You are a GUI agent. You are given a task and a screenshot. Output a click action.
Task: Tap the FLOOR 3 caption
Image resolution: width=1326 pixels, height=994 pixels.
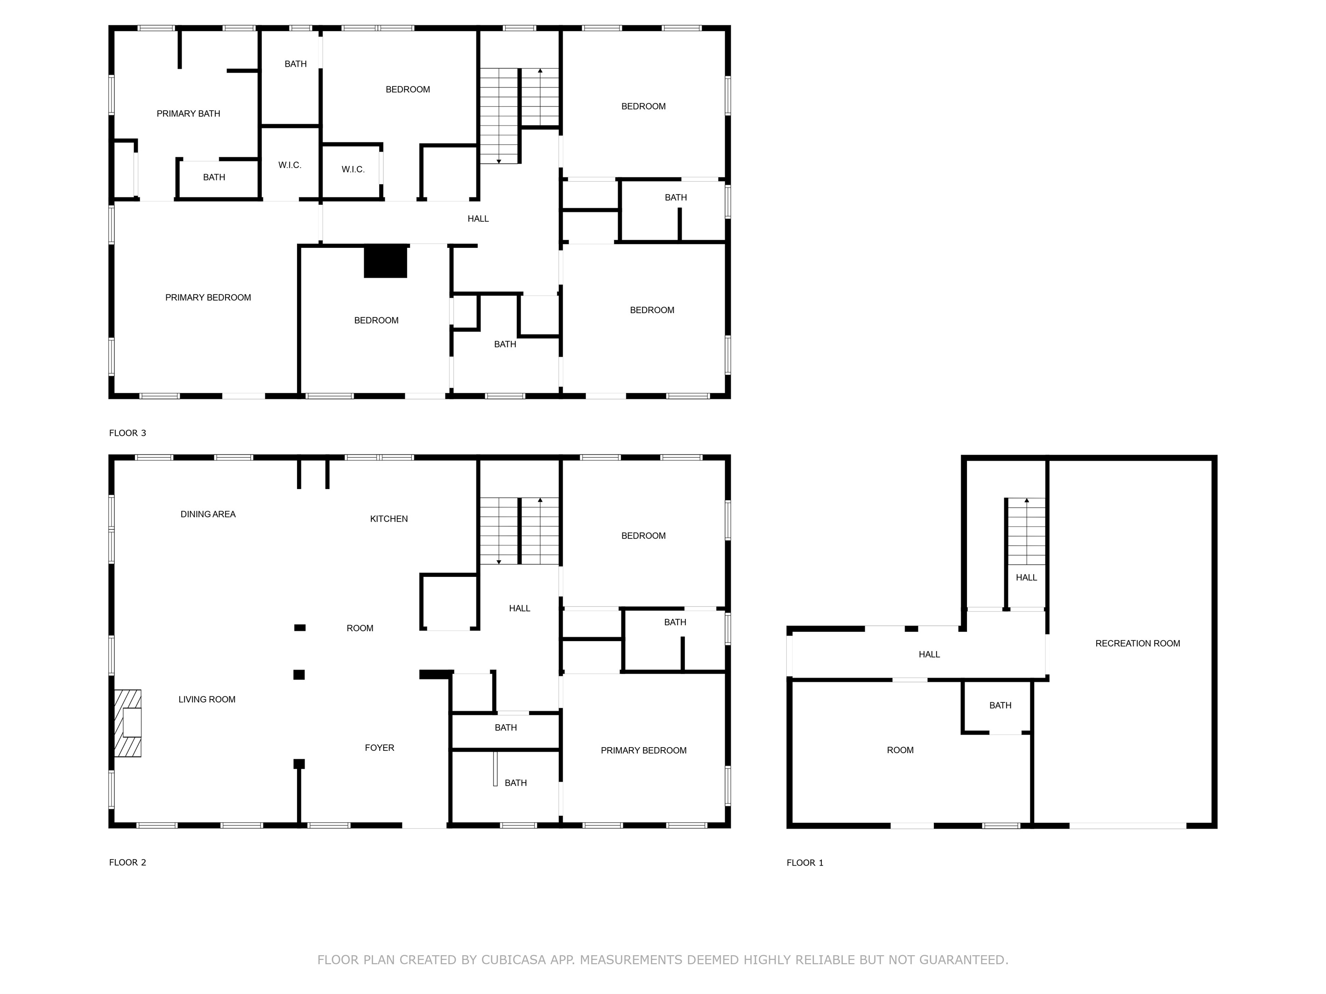click(127, 433)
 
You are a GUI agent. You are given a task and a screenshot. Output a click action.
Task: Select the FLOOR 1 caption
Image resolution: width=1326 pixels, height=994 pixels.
click(804, 863)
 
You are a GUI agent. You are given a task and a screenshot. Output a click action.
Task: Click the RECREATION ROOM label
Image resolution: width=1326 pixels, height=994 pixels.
click(1137, 644)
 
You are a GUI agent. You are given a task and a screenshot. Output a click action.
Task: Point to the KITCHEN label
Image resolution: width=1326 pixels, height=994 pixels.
click(388, 519)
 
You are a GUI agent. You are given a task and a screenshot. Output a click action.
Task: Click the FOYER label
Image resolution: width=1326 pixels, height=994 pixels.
click(380, 748)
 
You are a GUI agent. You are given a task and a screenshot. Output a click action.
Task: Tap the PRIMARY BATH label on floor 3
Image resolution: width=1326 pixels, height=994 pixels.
click(188, 114)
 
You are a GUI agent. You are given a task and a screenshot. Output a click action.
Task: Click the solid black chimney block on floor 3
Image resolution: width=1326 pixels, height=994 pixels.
click(386, 261)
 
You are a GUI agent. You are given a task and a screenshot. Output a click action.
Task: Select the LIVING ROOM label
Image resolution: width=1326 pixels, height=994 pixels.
click(207, 699)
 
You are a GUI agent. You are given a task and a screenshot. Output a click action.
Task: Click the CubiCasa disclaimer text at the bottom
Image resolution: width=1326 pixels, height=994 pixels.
click(663, 960)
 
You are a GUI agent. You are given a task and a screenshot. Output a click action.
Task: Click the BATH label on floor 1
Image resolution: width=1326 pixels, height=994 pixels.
click(1000, 706)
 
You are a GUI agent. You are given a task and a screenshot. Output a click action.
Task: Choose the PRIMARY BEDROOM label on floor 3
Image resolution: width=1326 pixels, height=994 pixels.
click(208, 298)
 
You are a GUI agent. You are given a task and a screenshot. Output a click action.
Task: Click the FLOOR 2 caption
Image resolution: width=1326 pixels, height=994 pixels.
click(127, 863)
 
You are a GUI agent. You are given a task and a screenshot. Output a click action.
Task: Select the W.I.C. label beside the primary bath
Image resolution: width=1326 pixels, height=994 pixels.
click(289, 165)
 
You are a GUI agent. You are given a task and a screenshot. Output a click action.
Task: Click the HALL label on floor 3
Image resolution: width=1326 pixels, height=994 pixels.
click(478, 219)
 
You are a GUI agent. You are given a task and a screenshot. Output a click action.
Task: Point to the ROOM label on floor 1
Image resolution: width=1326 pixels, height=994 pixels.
click(900, 750)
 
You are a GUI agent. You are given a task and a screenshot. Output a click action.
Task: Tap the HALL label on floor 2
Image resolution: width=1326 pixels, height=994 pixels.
click(519, 609)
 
